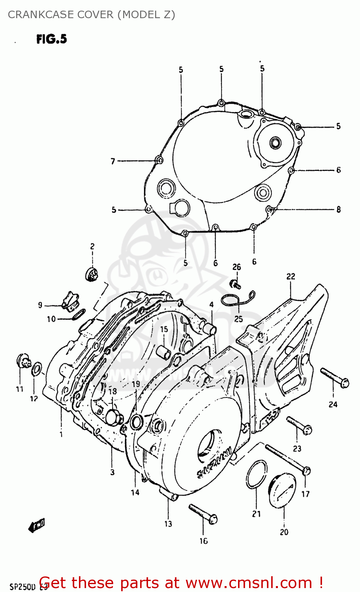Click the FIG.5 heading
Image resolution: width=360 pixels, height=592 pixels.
pyautogui.click(x=52, y=39)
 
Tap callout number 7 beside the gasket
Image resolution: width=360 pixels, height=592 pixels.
pyautogui.click(x=113, y=161)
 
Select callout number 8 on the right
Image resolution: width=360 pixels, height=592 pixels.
pyautogui.click(x=338, y=210)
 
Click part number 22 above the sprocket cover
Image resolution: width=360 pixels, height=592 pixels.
pyautogui.click(x=291, y=277)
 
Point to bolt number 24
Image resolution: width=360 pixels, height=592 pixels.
pyautogui.click(x=334, y=377)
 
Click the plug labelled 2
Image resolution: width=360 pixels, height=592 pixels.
pyautogui.click(x=92, y=274)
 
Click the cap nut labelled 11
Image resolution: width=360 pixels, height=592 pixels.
pyautogui.click(x=23, y=361)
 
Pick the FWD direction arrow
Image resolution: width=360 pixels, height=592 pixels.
pyautogui.click(x=37, y=525)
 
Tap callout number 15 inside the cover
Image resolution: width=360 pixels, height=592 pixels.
pyautogui.click(x=164, y=329)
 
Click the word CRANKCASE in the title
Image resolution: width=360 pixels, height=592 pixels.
pyautogui.click(x=33, y=15)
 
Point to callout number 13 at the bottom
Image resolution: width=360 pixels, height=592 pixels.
pyautogui.click(x=168, y=524)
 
